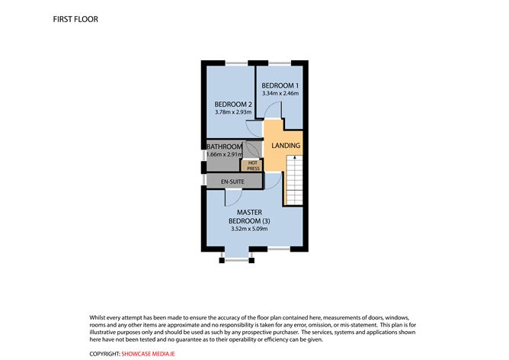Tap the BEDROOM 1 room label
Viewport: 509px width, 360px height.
tap(280, 85)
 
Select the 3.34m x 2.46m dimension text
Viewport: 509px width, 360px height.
tap(280, 93)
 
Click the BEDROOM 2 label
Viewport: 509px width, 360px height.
tap(232, 104)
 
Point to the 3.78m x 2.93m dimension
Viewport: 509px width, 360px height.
tap(232, 113)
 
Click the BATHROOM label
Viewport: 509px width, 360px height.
tap(225, 146)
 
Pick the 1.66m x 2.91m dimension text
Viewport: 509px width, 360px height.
tap(225, 155)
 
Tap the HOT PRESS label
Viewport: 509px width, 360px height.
tap(251, 164)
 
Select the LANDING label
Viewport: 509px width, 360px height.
tap(287, 146)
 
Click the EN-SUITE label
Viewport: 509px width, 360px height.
tap(232, 182)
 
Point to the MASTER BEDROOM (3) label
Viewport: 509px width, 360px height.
tap(250, 217)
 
